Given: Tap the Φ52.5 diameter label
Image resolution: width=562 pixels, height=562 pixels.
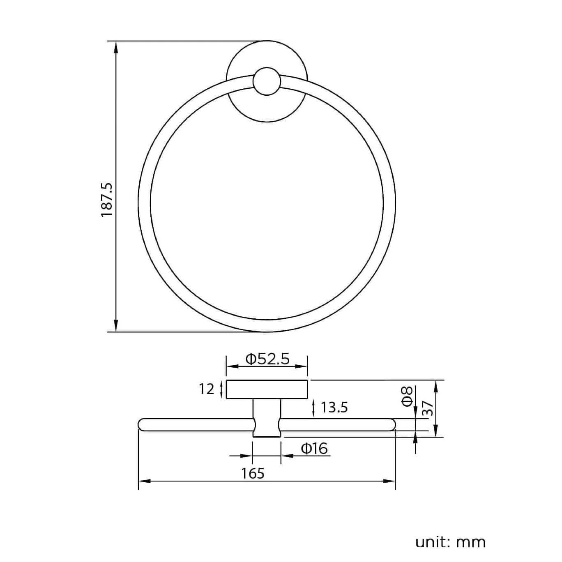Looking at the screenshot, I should (267, 359).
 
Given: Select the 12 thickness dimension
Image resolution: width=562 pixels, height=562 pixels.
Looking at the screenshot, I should (207, 389).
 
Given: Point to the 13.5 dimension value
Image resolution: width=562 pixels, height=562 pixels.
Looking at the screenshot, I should (334, 407).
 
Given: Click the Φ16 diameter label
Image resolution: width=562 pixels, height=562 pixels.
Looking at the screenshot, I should (315, 448).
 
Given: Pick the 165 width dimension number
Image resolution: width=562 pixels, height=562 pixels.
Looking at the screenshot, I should (253, 473).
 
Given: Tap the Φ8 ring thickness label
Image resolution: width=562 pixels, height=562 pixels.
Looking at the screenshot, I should (407, 396).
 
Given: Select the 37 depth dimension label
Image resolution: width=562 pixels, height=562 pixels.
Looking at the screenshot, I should (428, 409).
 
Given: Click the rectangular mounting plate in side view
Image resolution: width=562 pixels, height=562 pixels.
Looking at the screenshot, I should (267, 389).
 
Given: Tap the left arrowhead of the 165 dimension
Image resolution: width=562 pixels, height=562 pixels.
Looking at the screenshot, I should (144, 481).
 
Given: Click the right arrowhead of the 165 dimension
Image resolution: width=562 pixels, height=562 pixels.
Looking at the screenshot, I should (390, 481).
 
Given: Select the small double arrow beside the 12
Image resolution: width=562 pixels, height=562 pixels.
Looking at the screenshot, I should (222, 389).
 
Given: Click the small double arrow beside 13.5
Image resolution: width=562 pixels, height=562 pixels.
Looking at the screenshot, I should (314, 408).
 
